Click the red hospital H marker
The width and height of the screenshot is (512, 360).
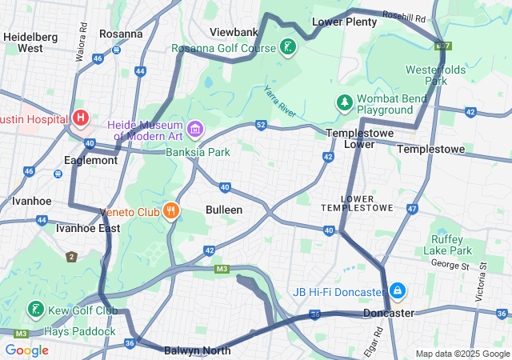pos(80,118)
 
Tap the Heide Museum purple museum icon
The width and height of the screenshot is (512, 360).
pos(194,128)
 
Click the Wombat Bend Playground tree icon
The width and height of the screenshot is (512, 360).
pos(344,102)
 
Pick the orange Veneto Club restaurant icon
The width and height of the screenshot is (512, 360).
pos(170,212)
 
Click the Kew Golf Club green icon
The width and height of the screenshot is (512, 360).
pos(36,310)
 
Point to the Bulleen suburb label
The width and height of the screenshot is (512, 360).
pos(225,210)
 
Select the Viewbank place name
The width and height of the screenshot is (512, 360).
pos(234,32)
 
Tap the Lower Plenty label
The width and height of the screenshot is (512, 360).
pos(344,22)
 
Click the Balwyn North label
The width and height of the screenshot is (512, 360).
pos(197,350)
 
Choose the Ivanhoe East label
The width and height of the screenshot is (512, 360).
pos(88,228)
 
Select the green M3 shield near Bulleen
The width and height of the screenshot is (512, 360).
pos(222,269)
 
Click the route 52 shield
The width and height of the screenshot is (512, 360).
pos(261,125)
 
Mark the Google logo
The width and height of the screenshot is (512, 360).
pos(26,350)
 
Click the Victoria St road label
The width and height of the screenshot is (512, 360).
pos(482,281)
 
